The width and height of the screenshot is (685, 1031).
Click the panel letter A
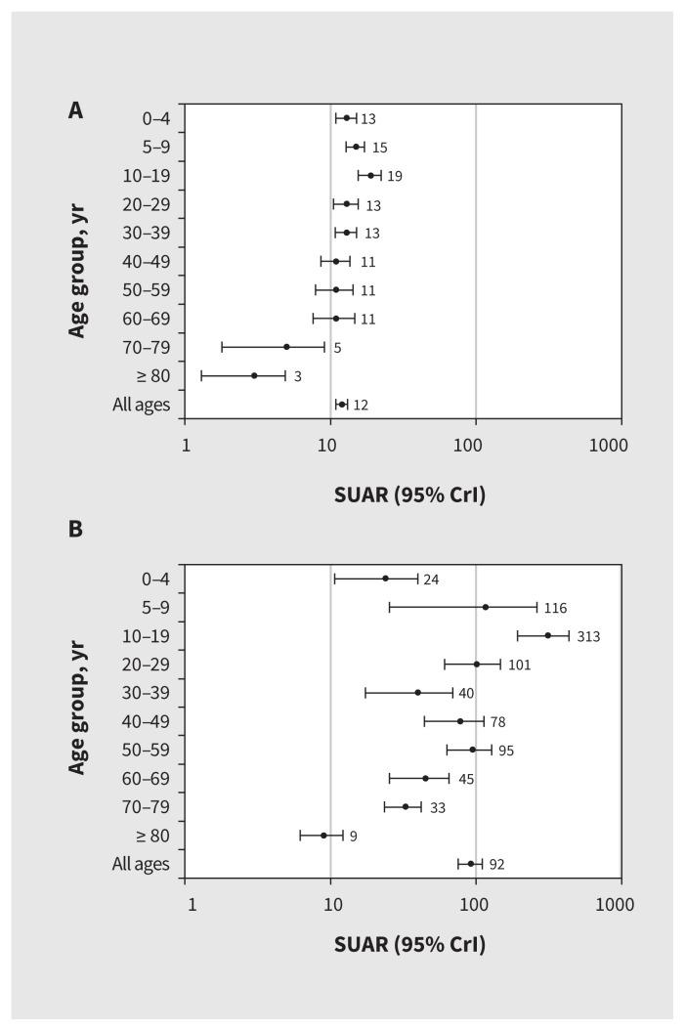pyautogui.click(x=75, y=110)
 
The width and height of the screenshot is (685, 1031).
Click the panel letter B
pyautogui.click(x=75, y=530)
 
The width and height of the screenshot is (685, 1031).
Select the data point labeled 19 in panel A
pyautogui.click(x=370, y=176)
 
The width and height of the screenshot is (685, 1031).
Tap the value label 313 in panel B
pyautogui.click(x=587, y=636)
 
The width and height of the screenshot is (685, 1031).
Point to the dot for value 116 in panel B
pyautogui.click(x=486, y=607)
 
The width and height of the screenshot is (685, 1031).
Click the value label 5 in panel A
pyautogui.click(x=337, y=348)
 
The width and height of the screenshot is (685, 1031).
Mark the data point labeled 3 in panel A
pyautogui.click(x=254, y=375)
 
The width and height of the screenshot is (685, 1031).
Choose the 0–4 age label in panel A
pyautogui.click(x=155, y=118)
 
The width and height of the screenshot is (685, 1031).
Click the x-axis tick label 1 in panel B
pyautogui.click(x=192, y=905)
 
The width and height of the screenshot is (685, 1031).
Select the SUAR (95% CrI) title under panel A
pyautogui.click(x=409, y=495)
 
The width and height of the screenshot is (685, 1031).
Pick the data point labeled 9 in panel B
pyautogui.click(x=323, y=836)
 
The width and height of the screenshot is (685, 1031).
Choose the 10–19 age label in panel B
pyautogui.click(x=150, y=635)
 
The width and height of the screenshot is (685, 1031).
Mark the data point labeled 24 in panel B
pyautogui.click(x=385, y=579)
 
